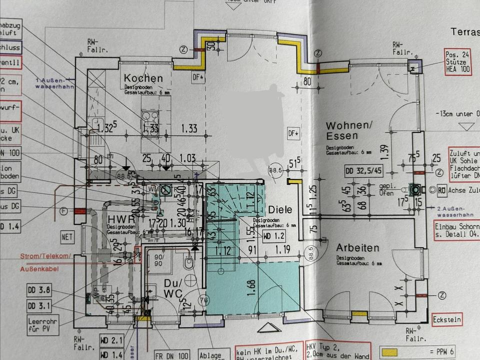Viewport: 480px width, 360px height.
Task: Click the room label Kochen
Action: (143, 78)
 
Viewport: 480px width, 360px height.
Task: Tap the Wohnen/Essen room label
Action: (342, 130)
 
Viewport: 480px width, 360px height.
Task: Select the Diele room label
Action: (280, 210)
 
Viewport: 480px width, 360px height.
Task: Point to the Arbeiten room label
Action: (357, 247)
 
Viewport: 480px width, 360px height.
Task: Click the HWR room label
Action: (118, 218)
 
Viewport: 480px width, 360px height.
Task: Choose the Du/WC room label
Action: (172, 289)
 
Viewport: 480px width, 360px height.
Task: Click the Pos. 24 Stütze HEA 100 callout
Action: (457, 62)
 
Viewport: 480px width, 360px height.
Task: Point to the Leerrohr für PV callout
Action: (41, 325)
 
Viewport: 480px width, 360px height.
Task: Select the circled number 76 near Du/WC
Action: (203, 300)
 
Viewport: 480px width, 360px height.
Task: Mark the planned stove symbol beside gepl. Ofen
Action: (414, 189)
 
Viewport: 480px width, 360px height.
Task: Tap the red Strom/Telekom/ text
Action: (44, 257)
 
